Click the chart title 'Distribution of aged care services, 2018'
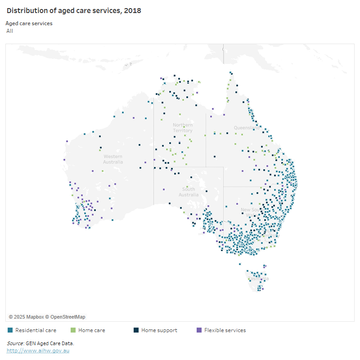74,11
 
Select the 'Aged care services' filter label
29,23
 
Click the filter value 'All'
10,31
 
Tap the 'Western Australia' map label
112,159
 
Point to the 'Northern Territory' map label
183,128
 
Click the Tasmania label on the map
258,279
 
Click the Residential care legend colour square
10,330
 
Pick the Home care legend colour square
73,330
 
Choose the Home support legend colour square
136,330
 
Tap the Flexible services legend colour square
199,330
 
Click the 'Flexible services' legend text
225,330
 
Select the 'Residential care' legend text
36,330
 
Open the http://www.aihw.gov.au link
38,350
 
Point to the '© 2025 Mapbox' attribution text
26,317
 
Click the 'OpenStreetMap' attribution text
67,317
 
